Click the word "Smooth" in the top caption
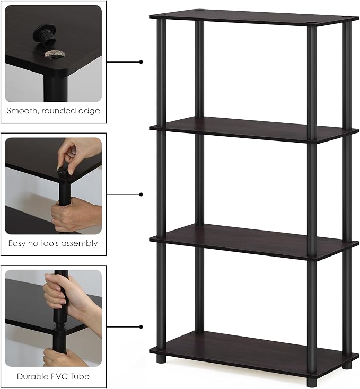(x=22, y=111)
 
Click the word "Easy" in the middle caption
(x=17, y=244)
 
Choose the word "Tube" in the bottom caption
(x=80, y=377)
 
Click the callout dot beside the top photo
(x=141, y=62)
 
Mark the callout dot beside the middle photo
(x=141, y=194)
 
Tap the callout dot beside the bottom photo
(x=141, y=327)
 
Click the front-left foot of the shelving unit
(x=161, y=359)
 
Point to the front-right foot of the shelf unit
(x=311, y=382)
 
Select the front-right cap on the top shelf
(x=312, y=24)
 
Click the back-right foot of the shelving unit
(x=347, y=365)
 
